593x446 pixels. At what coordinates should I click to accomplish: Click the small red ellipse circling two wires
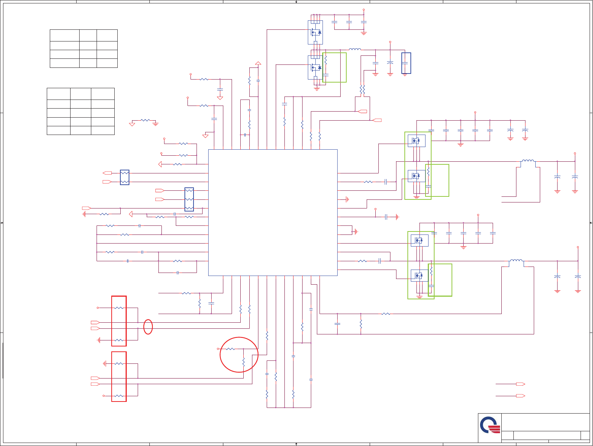tap(148, 327)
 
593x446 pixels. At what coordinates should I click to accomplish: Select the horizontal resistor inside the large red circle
tap(230, 349)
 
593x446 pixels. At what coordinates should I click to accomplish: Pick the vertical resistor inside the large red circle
tap(243, 363)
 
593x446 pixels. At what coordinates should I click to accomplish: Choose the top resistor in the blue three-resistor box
tap(189, 191)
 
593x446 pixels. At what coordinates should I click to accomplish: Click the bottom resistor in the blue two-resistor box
tap(124, 182)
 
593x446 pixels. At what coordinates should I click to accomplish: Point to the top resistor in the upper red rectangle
tap(119, 308)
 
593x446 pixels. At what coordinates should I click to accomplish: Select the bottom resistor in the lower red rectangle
tap(119, 396)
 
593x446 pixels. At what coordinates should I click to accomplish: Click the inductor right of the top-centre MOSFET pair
tap(355, 49)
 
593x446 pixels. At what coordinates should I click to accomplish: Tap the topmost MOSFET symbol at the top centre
tap(315, 32)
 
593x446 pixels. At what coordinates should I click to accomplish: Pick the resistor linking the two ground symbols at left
tap(145, 120)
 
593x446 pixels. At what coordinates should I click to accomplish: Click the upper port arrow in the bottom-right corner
tap(520, 384)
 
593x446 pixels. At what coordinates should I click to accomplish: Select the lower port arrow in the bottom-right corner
tap(520, 396)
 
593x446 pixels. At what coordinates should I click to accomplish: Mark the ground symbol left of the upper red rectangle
tap(99, 340)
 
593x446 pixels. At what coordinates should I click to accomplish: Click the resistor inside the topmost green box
tap(326, 60)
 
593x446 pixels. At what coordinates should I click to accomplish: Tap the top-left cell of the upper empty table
tap(65, 35)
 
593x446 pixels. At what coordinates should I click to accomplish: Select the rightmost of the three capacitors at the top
tap(364, 22)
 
